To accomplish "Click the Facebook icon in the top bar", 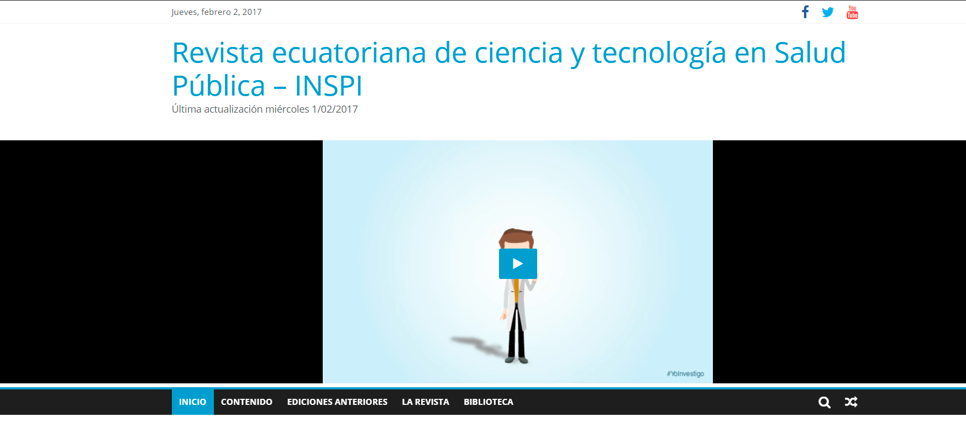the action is pyautogui.click(x=805, y=12).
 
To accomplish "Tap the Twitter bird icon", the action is pyautogui.click(x=828, y=12).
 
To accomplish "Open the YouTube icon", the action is pyautogui.click(x=852, y=12).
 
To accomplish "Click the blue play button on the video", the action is pyautogui.click(x=518, y=263).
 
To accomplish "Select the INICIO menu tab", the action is pyautogui.click(x=193, y=402).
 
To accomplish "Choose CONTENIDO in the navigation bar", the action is pyautogui.click(x=246, y=402).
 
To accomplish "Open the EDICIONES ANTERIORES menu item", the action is pyautogui.click(x=337, y=402).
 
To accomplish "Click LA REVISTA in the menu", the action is pyautogui.click(x=426, y=402).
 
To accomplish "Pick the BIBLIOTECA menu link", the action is pyautogui.click(x=489, y=402).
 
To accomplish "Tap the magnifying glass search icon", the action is pyautogui.click(x=825, y=402).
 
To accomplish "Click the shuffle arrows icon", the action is pyautogui.click(x=851, y=402).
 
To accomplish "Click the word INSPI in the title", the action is pyautogui.click(x=328, y=86).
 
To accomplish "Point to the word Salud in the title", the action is pyautogui.click(x=810, y=53).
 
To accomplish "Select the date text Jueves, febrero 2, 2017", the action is pyautogui.click(x=217, y=12).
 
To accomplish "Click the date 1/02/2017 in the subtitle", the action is pyautogui.click(x=335, y=109).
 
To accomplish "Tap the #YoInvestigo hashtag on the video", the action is pyautogui.click(x=685, y=374).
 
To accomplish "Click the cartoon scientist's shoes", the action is pyautogui.click(x=517, y=360).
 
